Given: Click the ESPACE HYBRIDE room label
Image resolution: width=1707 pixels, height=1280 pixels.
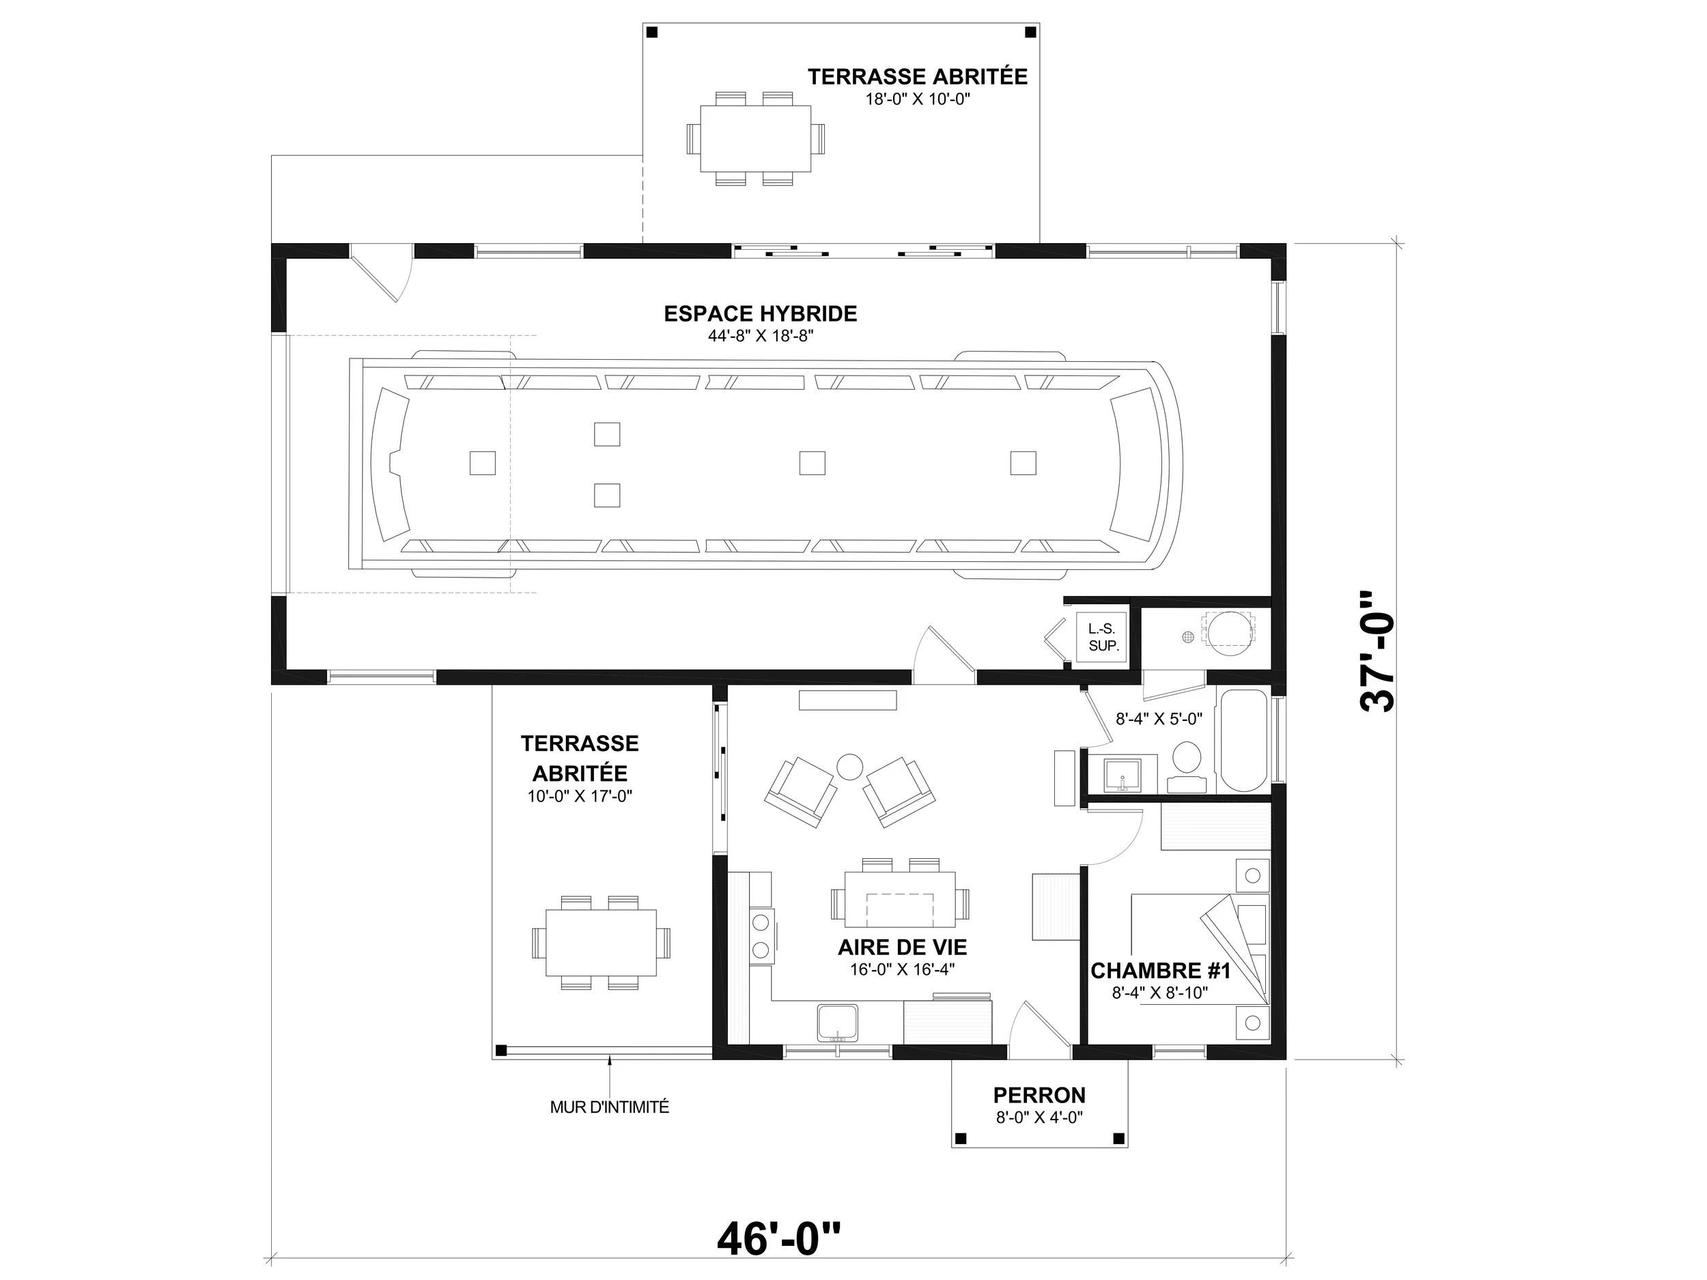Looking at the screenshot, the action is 760,314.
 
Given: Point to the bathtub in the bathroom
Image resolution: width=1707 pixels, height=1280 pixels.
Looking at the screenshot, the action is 1243,741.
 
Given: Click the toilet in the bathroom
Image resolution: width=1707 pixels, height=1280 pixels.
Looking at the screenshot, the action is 1187,767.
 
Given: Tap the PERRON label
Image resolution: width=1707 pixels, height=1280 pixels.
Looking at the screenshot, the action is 1039,1096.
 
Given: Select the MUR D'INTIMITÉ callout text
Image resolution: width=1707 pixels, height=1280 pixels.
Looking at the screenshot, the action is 610,1107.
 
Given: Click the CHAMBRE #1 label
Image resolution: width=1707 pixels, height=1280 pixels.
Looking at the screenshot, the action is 1160,971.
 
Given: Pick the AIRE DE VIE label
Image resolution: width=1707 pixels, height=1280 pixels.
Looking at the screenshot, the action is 902,948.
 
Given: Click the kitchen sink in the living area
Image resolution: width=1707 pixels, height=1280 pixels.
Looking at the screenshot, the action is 837,1023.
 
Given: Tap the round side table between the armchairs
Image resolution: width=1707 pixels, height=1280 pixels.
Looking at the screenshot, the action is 849,767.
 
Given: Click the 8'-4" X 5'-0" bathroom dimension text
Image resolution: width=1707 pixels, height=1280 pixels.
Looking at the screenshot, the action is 1159,719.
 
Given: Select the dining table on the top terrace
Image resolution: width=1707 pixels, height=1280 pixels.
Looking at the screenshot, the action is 755,139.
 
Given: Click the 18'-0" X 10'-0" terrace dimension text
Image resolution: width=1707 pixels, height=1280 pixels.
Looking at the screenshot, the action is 917,99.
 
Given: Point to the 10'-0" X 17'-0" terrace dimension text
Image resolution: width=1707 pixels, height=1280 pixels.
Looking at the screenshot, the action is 580,796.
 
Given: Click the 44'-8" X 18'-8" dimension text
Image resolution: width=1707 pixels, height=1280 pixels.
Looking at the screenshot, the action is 761,336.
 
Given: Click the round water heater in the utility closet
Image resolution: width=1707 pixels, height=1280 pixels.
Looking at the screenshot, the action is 1229,634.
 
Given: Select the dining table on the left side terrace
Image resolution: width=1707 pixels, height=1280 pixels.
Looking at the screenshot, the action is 601,943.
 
